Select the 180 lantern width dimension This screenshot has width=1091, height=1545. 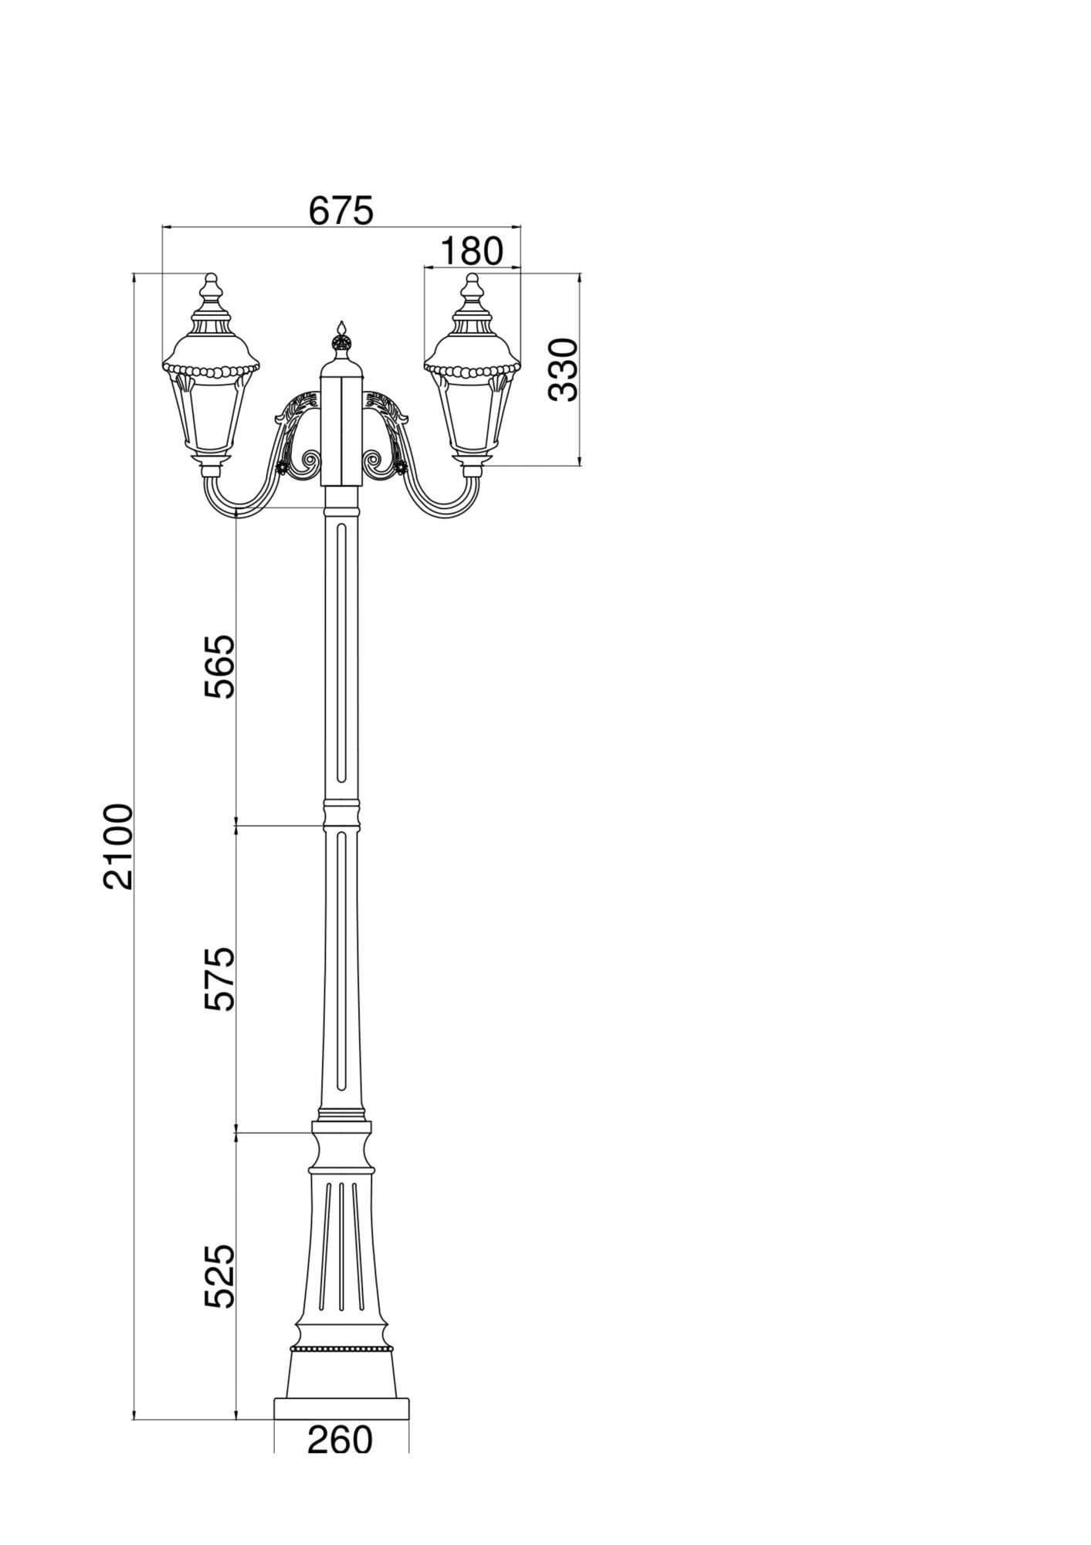pyautogui.click(x=472, y=251)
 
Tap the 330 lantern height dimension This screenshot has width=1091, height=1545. pyautogui.click(x=563, y=369)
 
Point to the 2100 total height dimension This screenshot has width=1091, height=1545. pyautogui.click(x=119, y=847)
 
